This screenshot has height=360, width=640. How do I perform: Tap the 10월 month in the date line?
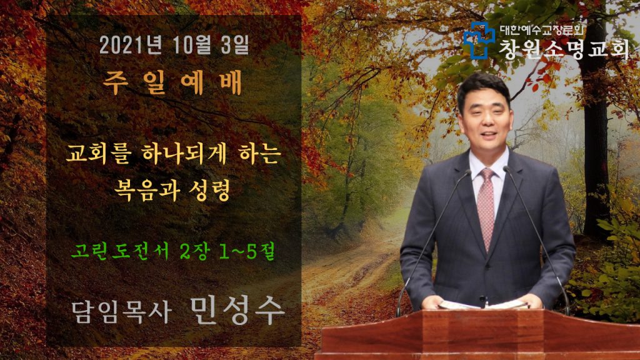coord(192,45)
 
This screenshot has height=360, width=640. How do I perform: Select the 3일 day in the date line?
coord(235,45)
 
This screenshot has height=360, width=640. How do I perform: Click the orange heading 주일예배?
coord(172,82)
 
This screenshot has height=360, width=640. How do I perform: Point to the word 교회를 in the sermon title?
coord(99,154)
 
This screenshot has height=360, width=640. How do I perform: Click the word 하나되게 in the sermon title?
coord(184,154)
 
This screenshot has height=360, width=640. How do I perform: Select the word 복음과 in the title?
coord(147,190)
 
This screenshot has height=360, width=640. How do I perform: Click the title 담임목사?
coord(121,312)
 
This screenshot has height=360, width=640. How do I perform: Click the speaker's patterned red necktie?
coord(486,208)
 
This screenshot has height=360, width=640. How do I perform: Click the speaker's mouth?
coord(489,134)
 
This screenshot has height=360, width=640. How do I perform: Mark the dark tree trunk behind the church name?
coord(596,135)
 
